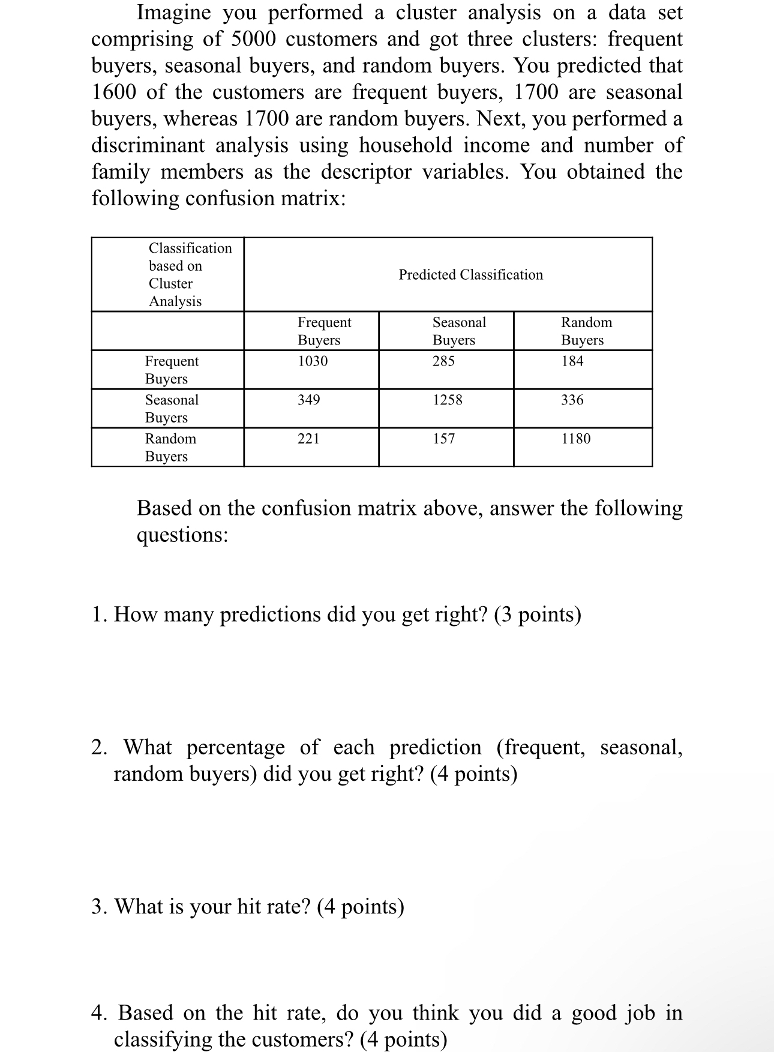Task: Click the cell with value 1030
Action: point(313,361)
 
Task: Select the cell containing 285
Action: point(443,361)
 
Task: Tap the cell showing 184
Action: point(572,361)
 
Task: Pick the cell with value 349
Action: point(309,400)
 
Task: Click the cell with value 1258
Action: point(448,400)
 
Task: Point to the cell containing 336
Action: point(572,400)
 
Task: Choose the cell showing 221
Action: point(308,439)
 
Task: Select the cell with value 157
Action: point(444,439)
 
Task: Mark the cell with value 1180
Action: point(575,439)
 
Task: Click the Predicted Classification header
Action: point(470,275)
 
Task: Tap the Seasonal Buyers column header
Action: point(459,331)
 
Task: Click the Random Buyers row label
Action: point(170,447)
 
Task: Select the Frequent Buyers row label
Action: point(172,370)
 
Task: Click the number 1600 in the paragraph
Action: point(113,92)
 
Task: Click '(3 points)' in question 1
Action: point(538,615)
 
